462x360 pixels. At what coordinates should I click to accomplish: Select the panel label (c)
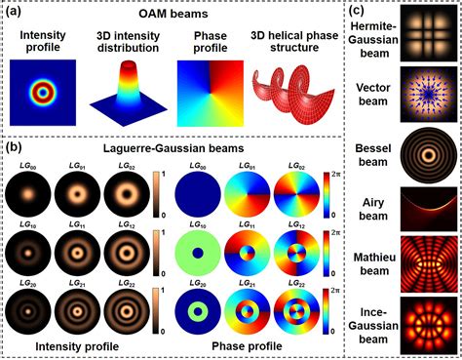358,11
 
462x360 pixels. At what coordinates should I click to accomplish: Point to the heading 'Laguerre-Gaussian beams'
175,148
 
